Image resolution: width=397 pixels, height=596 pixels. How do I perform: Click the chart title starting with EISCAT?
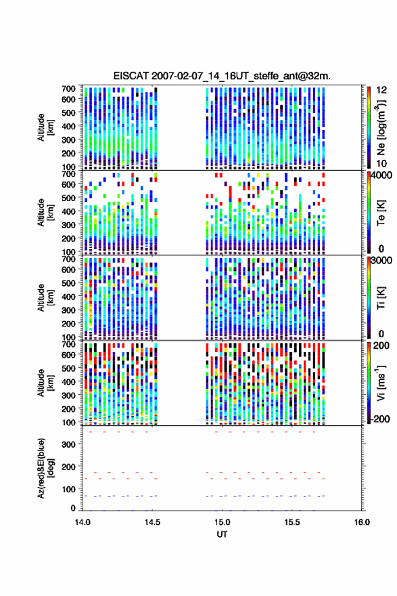pos(222,76)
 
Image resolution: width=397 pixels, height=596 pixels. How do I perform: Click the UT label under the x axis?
pos(222,534)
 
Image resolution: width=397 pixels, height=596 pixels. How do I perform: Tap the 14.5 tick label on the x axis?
pos(152,522)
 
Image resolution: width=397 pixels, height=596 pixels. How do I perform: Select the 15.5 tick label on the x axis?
pos(292,522)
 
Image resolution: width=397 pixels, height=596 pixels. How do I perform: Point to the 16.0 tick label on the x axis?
pos(362,522)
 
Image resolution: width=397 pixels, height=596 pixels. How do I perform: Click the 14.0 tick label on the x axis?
pos(83,522)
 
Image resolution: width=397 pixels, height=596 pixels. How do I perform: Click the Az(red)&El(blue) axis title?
pos(45,468)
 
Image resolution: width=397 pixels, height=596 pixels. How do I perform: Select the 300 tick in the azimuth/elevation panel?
pos(69,444)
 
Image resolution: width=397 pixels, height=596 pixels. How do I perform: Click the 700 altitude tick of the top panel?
pos(69,88)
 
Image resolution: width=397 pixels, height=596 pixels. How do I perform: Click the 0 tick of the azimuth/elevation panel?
pos(73,508)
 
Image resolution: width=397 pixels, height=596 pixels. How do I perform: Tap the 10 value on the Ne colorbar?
pos(381,163)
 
